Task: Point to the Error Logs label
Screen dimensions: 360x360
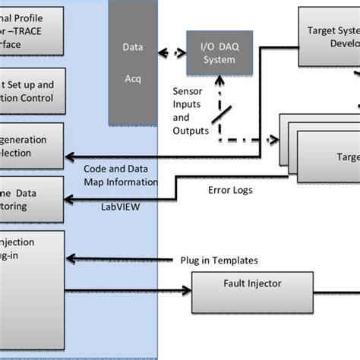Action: (229, 191)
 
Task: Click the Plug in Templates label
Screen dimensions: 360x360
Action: (218, 261)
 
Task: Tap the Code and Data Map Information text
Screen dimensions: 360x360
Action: (121, 175)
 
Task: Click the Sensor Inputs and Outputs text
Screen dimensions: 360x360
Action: (191, 111)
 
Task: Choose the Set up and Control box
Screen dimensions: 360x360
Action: (30, 91)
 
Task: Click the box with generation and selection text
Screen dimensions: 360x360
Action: (30, 146)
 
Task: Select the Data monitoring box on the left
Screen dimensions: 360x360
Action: (30, 199)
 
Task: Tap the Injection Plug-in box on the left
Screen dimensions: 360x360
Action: (30, 266)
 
